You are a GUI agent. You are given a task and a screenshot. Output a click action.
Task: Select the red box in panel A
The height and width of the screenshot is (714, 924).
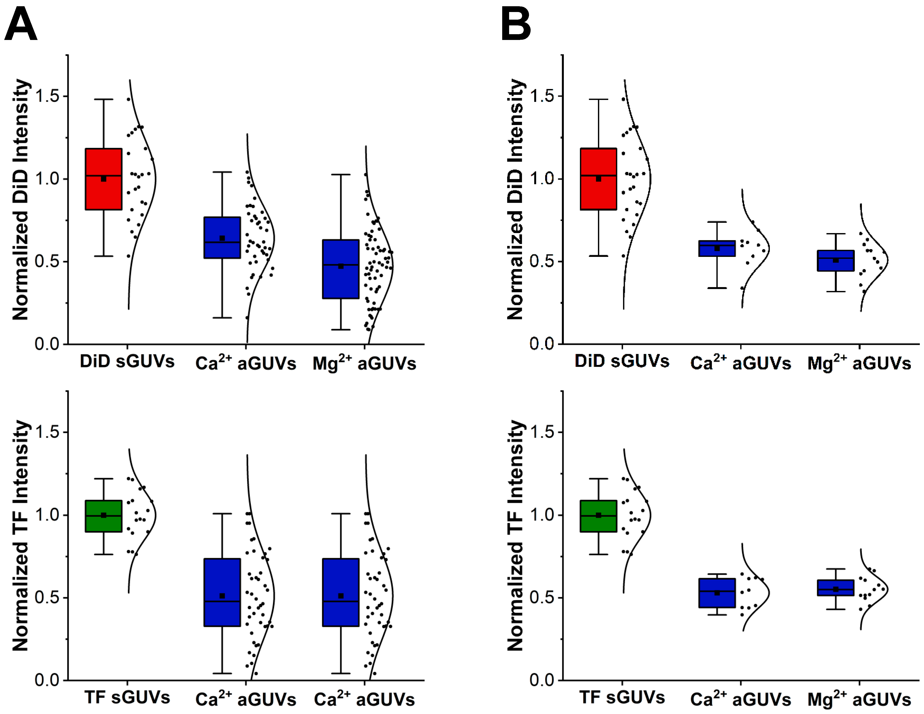(x=104, y=179)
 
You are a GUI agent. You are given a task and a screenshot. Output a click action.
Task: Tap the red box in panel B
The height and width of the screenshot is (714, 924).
(x=598, y=179)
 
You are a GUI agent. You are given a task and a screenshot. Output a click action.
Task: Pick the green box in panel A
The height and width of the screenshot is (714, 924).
(x=104, y=516)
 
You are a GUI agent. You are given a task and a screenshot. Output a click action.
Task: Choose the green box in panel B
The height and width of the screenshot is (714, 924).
(x=598, y=516)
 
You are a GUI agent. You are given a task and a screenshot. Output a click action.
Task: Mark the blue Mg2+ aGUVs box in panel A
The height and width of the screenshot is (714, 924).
(x=340, y=269)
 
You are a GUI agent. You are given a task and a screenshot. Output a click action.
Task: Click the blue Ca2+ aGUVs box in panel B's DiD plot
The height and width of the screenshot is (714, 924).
(x=717, y=248)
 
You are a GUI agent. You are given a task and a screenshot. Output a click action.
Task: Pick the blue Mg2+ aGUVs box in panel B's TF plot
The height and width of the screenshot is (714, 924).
(x=836, y=587)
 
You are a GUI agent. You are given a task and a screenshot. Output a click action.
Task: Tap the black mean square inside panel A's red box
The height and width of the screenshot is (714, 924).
(x=104, y=179)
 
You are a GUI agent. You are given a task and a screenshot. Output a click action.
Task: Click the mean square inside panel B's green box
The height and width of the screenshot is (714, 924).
(x=598, y=515)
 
